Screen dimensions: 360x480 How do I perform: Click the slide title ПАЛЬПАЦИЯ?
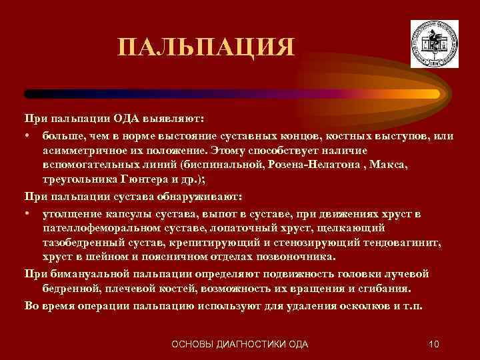(205, 47)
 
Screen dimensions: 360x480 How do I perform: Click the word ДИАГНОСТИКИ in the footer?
(252, 344)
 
